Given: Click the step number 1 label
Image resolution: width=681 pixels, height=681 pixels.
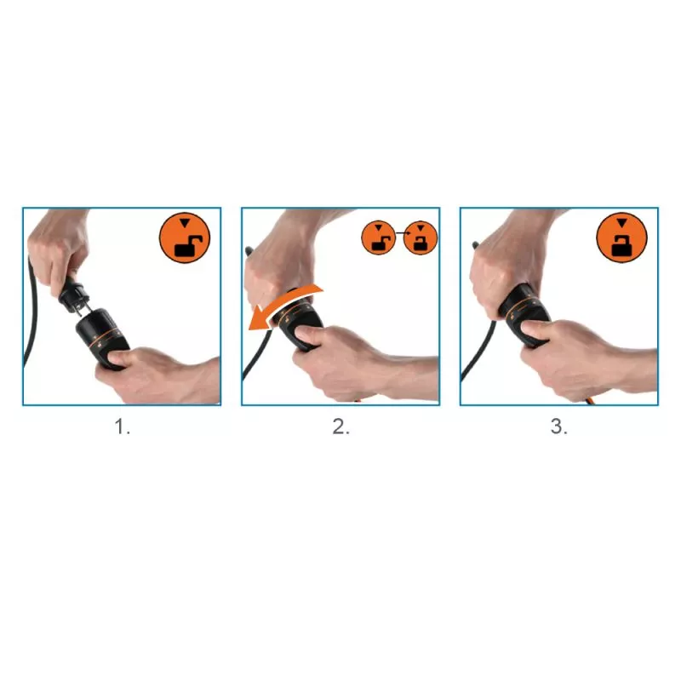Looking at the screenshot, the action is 122,427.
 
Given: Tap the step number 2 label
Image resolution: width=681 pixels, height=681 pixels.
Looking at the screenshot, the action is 341,427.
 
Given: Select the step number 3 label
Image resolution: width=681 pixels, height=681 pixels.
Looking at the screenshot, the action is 559,427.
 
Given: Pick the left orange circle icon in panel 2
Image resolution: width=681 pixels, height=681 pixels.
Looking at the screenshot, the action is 378,237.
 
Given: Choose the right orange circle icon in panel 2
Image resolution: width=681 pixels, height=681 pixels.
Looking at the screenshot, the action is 421,237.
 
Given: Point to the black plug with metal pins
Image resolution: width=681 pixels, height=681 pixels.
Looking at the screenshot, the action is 75,294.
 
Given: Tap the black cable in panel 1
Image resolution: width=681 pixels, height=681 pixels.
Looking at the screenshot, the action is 31,312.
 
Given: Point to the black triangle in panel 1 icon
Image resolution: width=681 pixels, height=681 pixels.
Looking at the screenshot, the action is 185,223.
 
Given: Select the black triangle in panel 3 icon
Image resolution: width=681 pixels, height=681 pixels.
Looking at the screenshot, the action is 622,223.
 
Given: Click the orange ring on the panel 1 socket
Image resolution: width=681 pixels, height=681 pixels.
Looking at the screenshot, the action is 104,336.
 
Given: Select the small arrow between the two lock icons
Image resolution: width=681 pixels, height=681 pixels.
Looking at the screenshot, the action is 399,233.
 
